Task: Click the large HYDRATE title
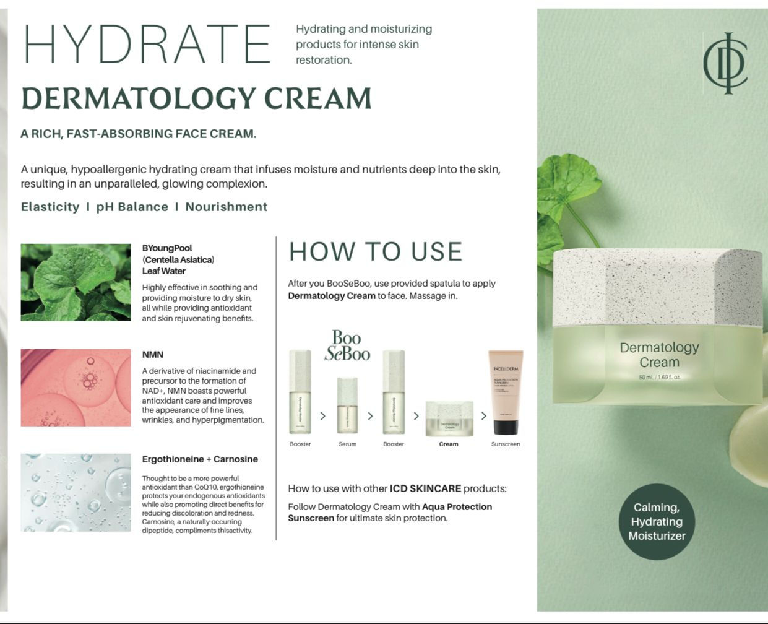pyautogui.click(x=147, y=44)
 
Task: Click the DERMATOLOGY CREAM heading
pyautogui.click(x=196, y=98)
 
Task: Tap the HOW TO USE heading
pyautogui.click(x=376, y=251)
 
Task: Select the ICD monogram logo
pyautogui.click(x=725, y=63)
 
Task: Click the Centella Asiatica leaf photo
pyautogui.click(x=76, y=282)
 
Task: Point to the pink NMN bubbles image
pyautogui.click(x=76, y=388)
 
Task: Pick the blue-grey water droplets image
pyautogui.click(x=76, y=492)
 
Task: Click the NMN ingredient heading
pyautogui.click(x=153, y=355)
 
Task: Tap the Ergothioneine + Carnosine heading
pyautogui.click(x=200, y=459)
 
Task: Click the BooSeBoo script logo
pyautogui.click(x=347, y=345)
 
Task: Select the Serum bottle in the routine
pyautogui.click(x=347, y=405)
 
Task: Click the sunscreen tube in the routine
pyautogui.click(x=506, y=393)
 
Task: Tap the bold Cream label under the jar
pyautogui.click(x=449, y=444)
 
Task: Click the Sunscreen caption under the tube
pyautogui.click(x=506, y=444)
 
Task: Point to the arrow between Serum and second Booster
pyautogui.click(x=370, y=416)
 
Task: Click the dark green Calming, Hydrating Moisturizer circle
pyautogui.click(x=657, y=521)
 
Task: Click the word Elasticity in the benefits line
pyautogui.click(x=50, y=207)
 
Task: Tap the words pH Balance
pyautogui.click(x=132, y=207)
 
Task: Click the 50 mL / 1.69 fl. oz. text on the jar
pyautogui.click(x=659, y=377)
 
